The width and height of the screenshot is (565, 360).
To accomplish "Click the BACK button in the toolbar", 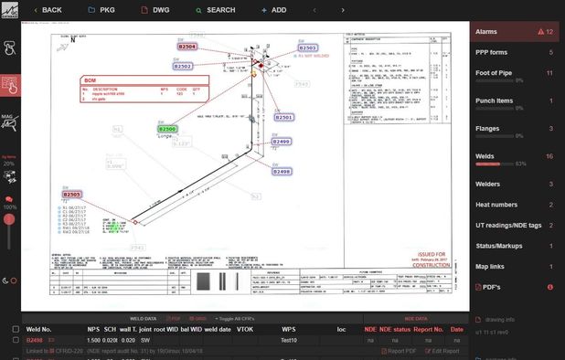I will (x=47, y=10).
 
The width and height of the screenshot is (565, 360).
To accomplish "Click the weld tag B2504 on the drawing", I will (x=187, y=46).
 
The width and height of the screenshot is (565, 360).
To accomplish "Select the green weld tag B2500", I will (x=167, y=130).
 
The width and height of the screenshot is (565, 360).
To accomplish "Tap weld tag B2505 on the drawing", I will (x=71, y=195).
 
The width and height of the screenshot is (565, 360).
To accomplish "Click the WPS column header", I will (x=288, y=328).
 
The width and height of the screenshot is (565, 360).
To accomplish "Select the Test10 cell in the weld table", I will (x=288, y=339).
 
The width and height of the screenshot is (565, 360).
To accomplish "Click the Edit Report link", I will (x=445, y=351).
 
